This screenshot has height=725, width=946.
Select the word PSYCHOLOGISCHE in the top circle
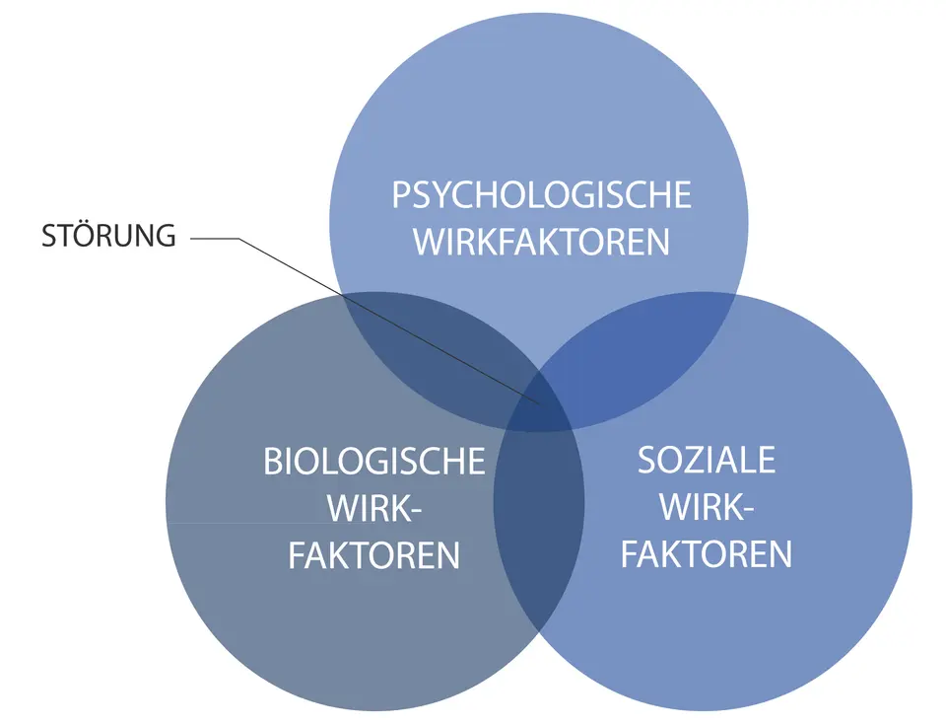(x=541, y=194)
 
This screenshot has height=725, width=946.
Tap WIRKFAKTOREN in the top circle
(x=541, y=242)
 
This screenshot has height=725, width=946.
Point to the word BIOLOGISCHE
(x=374, y=461)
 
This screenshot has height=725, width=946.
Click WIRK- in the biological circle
(x=374, y=508)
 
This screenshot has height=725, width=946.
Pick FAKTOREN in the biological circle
(x=374, y=555)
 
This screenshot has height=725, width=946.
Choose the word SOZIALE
(x=707, y=460)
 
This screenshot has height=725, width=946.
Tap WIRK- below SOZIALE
(x=707, y=507)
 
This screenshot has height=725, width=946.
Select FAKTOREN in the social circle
(x=707, y=554)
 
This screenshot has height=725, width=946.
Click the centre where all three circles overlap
(x=538, y=406)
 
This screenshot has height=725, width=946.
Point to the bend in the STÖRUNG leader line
(x=238, y=239)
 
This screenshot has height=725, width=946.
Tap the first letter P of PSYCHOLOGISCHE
(x=401, y=194)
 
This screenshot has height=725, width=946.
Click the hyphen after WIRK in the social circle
(x=748, y=512)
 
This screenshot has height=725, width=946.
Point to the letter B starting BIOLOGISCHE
(x=273, y=461)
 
